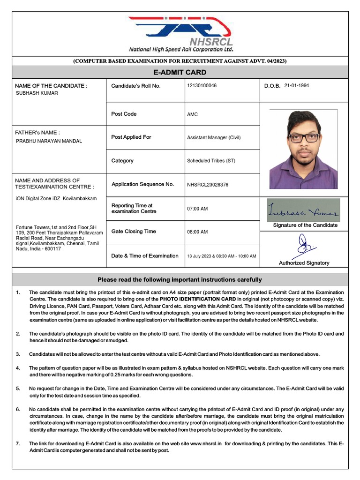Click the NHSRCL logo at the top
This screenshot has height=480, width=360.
[x=180, y=34]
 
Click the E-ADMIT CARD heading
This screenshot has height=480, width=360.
[x=180, y=72]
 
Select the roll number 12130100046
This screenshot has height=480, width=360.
[x=202, y=86]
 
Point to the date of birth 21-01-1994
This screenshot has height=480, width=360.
[x=297, y=86]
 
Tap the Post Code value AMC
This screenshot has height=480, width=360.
[x=193, y=114]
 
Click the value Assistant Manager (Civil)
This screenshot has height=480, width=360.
[x=214, y=138]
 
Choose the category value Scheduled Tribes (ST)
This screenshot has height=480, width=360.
[x=211, y=161]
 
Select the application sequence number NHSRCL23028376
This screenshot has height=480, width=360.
[x=208, y=185]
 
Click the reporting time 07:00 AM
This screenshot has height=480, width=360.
[x=197, y=209]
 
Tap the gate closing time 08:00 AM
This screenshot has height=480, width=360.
[x=197, y=232]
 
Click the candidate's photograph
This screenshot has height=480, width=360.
[x=303, y=149]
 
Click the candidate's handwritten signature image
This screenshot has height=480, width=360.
[x=304, y=210]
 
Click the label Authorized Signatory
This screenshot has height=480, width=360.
[x=304, y=263]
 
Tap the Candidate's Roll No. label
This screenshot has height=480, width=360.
[x=136, y=86]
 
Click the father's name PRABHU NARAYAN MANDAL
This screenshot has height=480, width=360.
[x=49, y=141]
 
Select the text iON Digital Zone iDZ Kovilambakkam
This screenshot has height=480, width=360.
[x=56, y=198]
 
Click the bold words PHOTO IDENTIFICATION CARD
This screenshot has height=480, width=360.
[x=197, y=299]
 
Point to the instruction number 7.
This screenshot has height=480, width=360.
[x=18, y=443]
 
